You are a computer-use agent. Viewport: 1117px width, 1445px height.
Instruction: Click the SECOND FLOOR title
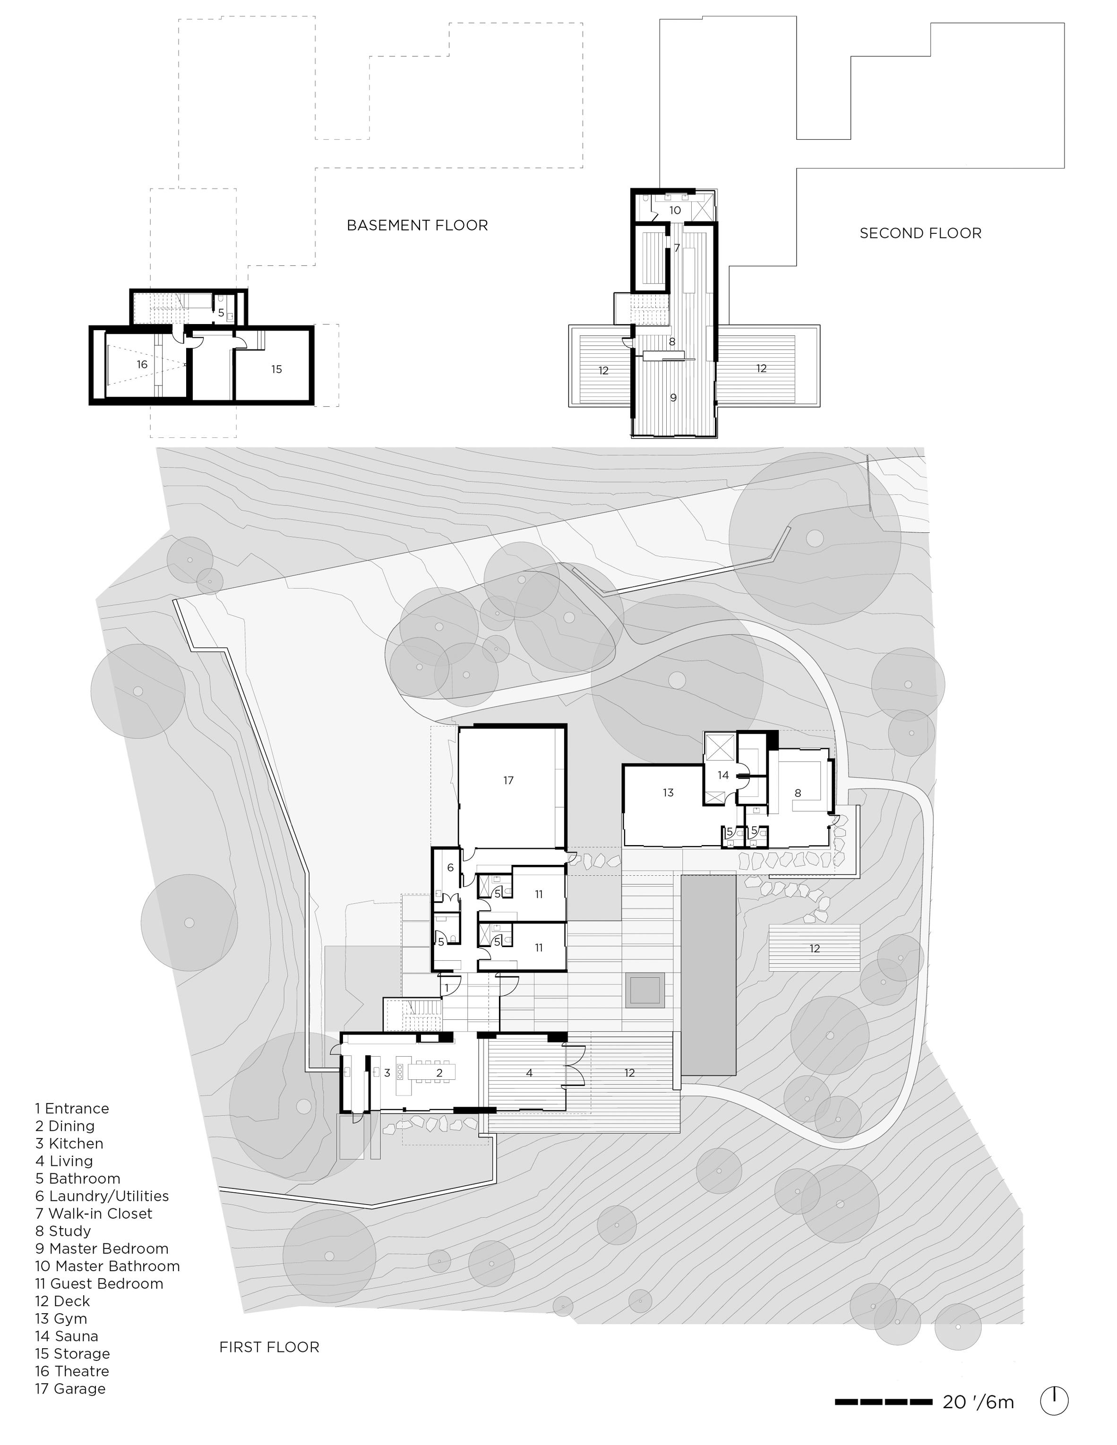pos(920,233)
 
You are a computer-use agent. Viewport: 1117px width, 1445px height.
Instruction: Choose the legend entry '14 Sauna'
pos(66,1336)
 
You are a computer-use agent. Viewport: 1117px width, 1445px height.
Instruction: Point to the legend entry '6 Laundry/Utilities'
pos(102,1196)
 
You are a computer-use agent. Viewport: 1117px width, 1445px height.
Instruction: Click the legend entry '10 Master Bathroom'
pos(107,1265)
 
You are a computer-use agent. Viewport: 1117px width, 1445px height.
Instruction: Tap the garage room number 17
pos(508,781)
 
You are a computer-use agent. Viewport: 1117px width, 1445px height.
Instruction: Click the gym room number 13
pos(668,793)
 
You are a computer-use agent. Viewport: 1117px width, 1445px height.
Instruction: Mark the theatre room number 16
pos(142,365)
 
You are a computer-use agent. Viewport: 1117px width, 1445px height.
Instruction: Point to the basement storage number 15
pos(276,369)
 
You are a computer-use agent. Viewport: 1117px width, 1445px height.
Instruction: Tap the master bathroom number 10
pos(675,210)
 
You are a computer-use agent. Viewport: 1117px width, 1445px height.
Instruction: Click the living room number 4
pos(529,1072)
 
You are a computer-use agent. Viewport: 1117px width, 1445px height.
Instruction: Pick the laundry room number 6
pos(451,867)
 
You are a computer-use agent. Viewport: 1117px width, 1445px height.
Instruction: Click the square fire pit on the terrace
pos(644,990)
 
